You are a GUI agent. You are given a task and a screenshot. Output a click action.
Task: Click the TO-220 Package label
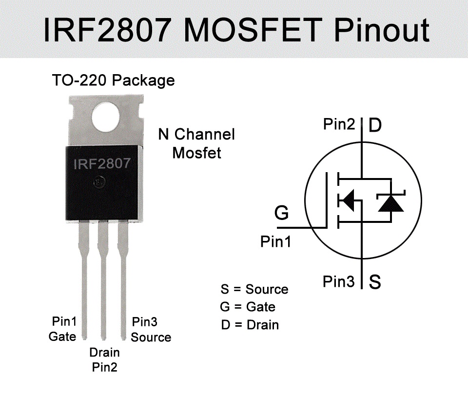[x=113, y=80]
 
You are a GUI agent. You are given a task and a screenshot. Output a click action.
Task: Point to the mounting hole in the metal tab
[x=107, y=118]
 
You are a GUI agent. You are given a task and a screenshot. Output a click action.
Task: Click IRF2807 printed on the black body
[x=102, y=164]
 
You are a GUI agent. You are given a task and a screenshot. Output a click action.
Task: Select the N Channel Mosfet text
[x=196, y=143]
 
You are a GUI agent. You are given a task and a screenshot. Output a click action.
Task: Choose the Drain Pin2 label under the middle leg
[x=105, y=359]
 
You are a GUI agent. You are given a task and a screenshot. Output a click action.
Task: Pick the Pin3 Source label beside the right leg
[x=150, y=329]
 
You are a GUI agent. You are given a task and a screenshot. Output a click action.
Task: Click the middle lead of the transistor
[x=103, y=283]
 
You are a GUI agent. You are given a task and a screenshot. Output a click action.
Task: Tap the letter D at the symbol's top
[x=375, y=126]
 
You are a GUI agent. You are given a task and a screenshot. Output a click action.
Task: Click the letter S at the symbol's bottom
[x=375, y=282]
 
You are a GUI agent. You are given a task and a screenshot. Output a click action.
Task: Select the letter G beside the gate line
[x=281, y=213]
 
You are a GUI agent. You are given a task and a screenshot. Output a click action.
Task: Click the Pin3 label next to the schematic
[x=338, y=281]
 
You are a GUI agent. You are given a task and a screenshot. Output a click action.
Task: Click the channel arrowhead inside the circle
[x=347, y=200]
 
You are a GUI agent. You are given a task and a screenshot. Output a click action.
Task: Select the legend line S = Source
[x=254, y=289]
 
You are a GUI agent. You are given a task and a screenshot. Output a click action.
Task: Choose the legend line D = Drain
[x=250, y=325]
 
